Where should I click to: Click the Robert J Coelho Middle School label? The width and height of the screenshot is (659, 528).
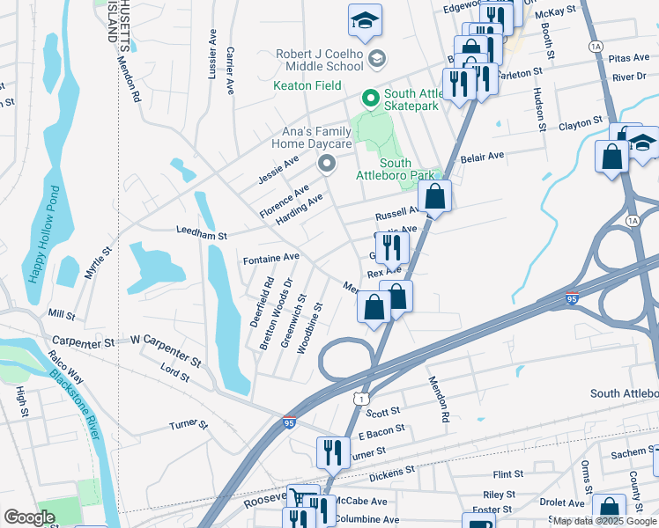319,59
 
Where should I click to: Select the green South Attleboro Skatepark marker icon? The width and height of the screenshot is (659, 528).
371,99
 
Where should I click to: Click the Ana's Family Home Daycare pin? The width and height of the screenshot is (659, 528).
328,164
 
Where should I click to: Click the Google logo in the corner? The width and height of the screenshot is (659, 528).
29,517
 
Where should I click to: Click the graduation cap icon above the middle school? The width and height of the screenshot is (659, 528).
365,20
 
